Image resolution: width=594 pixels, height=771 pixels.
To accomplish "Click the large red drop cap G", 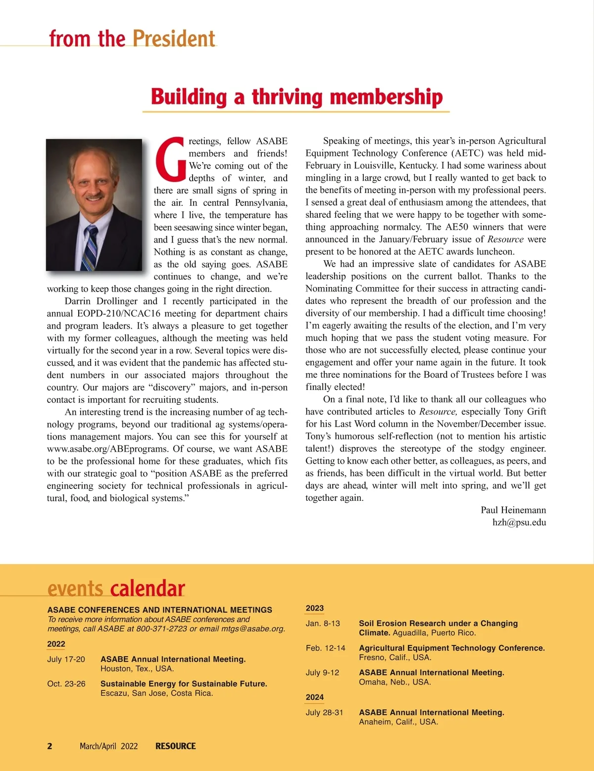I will [171, 158].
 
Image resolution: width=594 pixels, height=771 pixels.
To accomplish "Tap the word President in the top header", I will [174, 39].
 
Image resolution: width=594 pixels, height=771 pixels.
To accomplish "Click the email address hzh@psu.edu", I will [519, 523].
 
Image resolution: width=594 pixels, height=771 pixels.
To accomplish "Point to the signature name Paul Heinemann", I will [513, 510].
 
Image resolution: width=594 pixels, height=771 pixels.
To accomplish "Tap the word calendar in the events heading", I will [148, 589].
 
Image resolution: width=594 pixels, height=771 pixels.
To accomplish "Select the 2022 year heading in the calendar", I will [56, 644].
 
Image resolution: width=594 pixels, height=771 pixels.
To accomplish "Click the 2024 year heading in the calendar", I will [315, 697].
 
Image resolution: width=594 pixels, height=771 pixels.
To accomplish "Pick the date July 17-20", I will [66, 660].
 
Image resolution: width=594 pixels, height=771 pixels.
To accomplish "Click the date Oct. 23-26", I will [66, 684].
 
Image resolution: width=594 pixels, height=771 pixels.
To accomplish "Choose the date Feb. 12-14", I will [326, 648].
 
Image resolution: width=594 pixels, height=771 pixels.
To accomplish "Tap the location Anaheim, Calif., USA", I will [398, 722].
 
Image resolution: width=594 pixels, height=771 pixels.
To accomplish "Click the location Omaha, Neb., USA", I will [395, 682].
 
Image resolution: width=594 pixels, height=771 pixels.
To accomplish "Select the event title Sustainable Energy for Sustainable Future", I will [184, 684].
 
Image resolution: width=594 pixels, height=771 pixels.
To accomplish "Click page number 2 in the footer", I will [49, 746].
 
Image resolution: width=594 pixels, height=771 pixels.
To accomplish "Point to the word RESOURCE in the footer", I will [176, 746].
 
